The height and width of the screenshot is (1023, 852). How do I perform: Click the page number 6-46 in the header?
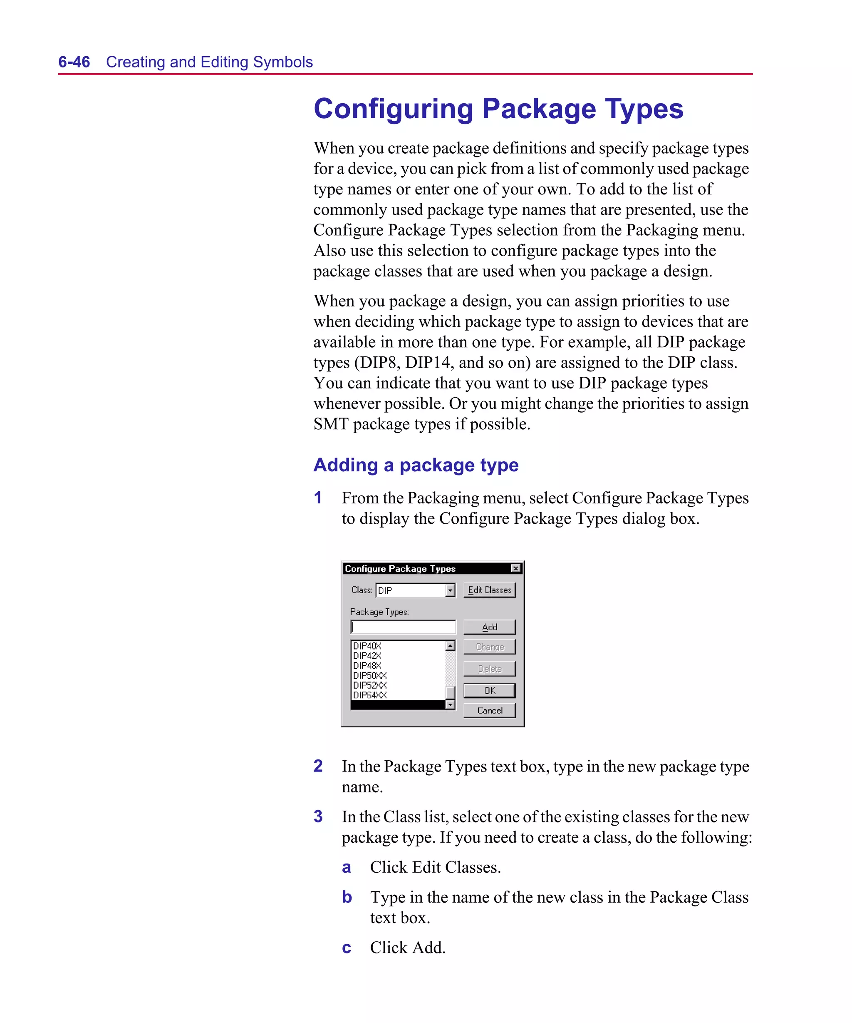coord(74,62)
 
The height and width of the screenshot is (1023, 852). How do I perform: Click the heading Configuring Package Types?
coord(498,109)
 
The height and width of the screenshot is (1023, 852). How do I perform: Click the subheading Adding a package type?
coord(416,465)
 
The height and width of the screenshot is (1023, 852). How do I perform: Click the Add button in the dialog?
coord(489,627)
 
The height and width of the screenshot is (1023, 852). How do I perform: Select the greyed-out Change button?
coord(489,647)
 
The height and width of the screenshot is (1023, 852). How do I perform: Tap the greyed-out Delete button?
coord(489,669)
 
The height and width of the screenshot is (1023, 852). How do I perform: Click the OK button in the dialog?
coord(489,690)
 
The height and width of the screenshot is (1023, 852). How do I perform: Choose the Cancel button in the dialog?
coord(489,710)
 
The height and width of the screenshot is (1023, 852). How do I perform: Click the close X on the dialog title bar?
coord(515,568)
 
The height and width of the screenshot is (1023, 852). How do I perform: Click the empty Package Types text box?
coord(403,627)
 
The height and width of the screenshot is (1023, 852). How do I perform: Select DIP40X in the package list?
coord(367,646)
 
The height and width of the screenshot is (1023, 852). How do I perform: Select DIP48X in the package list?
coord(367,665)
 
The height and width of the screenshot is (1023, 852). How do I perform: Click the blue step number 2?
coord(318,766)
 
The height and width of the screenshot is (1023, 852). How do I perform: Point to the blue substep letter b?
coord(347,897)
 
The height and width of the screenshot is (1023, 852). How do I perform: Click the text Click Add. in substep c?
coord(408,948)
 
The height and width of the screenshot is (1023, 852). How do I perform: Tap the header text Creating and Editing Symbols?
coord(209,62)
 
